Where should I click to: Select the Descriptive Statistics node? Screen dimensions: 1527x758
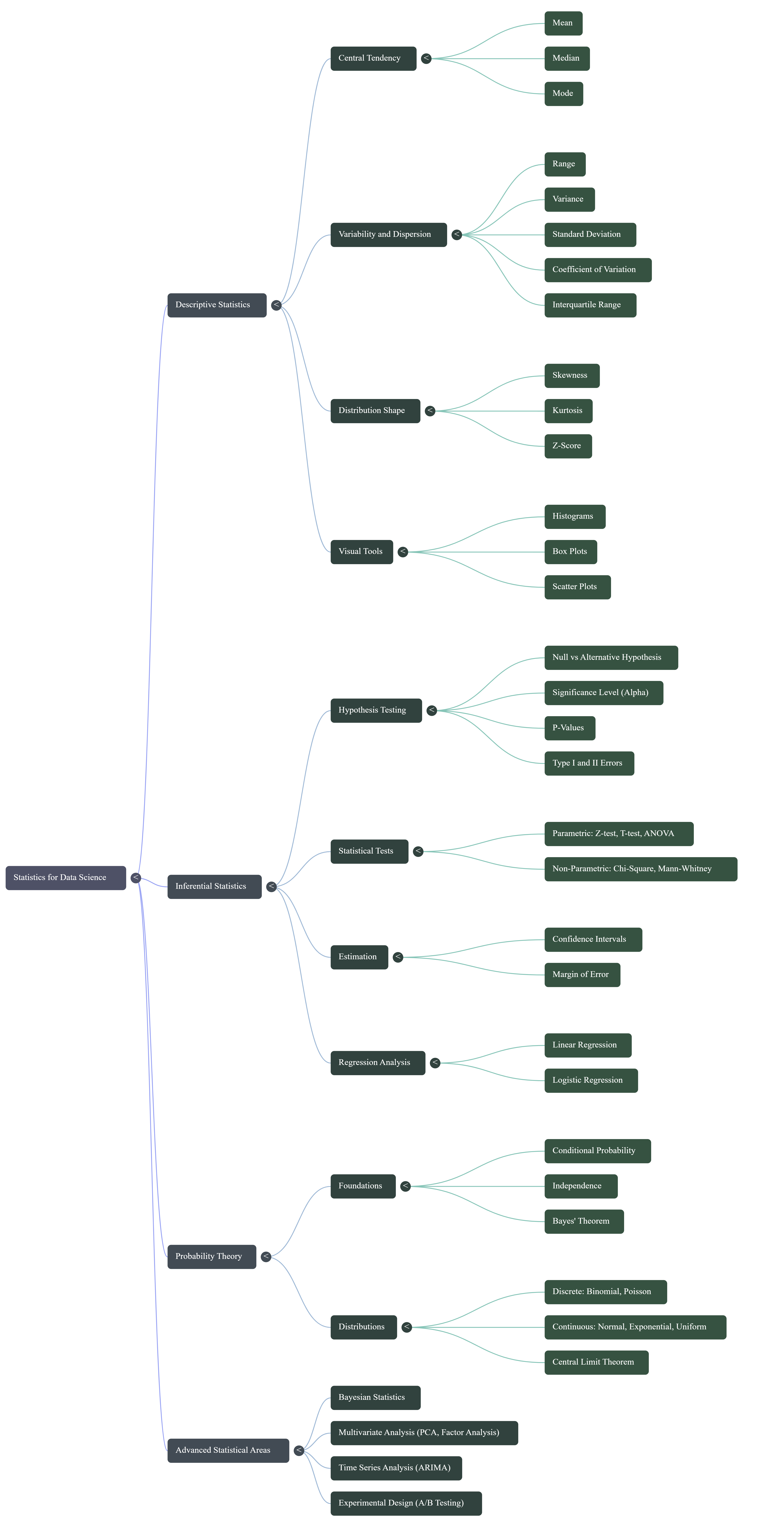coord(216,305)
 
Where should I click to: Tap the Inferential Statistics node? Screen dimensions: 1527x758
coord(214,886)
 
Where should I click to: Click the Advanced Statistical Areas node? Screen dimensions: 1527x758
coord(228,1450)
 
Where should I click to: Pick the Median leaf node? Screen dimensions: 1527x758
coord(567,58)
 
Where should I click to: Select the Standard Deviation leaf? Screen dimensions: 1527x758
coord(590,234)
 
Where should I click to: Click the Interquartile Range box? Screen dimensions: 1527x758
coord(590,305)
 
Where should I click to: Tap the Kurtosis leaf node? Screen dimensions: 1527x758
coord(568,410)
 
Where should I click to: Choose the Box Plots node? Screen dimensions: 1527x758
coord(570,551)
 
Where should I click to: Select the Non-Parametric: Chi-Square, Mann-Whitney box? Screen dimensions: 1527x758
coord(640,868)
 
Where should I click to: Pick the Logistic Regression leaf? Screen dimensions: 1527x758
coord(590,1080)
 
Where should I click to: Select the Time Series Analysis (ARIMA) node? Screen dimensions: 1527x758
coord(395,1468)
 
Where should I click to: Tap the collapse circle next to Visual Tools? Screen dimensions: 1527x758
coord(403,552)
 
